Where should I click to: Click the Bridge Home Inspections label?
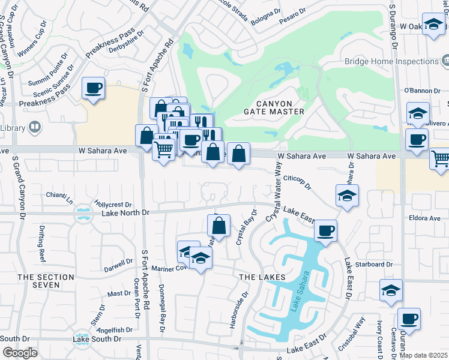[391, 61]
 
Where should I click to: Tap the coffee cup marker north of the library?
[93, 88]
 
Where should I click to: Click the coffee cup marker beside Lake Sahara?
[325, 231]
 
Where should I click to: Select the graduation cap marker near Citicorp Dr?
[346, 196]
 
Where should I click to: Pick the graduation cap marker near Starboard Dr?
[391, 290]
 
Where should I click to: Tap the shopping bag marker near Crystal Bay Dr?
[219, 226]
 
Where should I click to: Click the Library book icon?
[35, 128]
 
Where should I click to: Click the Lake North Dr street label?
[125, 212]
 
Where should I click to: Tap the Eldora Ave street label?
[426, 218]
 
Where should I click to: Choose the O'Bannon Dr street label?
[418, 91]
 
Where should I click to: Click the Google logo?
[20, 353]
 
